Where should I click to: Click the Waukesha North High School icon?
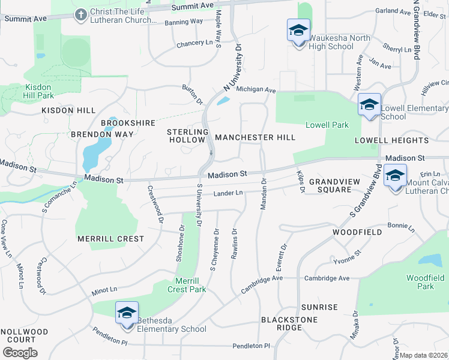point(298,31)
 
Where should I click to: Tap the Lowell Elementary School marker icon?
point(369,104)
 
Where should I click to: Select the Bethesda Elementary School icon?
point(127,313)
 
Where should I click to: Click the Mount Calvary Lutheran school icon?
point(395,176)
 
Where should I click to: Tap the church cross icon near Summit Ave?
point(81,14)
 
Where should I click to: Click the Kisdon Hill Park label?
point(39,91)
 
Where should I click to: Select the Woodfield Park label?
point(424,282)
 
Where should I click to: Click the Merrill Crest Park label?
point(190,285)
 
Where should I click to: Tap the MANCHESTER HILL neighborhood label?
point(255,137)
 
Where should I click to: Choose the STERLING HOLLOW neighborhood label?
point(187,136)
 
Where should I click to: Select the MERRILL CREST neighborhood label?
point(111,239)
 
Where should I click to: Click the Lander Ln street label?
point(228,193)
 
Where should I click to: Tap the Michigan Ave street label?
point(255,90)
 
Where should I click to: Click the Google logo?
point(20,352)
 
